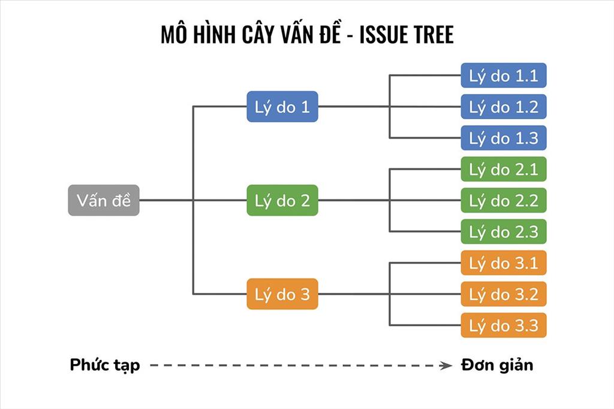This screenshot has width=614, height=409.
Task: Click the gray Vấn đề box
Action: (103, 200)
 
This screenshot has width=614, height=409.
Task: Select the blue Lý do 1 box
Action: (282, 107)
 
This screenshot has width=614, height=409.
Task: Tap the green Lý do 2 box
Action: (282, 200)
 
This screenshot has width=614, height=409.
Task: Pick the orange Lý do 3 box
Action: (282, 294)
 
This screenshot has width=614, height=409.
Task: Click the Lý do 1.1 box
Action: (504, 76)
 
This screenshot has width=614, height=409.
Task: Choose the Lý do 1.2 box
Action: (504, 107)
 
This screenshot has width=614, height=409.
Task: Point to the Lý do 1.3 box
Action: (504, 138)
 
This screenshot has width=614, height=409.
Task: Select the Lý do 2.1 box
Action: (504, 169)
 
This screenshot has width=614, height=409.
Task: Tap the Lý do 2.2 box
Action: (504, 200)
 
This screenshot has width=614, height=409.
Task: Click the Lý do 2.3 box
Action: (504, 231)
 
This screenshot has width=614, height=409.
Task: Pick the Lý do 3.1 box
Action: (504, 263)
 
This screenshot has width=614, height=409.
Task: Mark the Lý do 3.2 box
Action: (504, 294)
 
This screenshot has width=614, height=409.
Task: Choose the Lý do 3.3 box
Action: (504, 325)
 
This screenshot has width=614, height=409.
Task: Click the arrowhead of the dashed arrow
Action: (446, 365)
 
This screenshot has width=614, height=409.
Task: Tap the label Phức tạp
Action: (105, 365)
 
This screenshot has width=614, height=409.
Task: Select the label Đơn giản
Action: (497, 365)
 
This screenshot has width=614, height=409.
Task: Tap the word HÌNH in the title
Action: (211, 35)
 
